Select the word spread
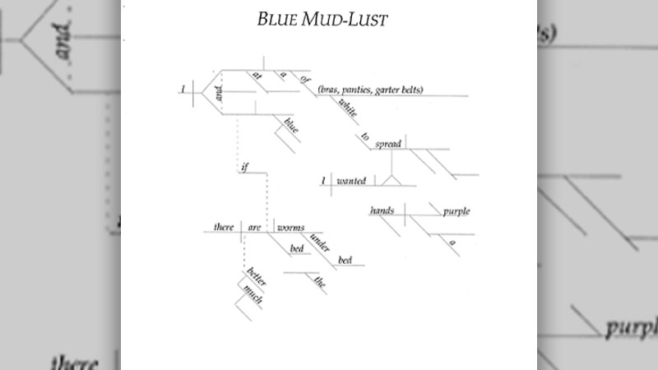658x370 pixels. click(387, 145)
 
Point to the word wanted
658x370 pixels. click(351, 181)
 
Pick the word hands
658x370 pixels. click(382, 211)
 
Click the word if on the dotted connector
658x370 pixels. click(244, 168)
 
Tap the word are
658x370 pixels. click(254, 227)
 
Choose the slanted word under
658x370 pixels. click(320, 241)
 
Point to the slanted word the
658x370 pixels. click(320, 284)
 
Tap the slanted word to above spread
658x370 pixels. click(364, 136)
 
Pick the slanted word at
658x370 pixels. click(256, 80)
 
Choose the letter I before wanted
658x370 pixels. click(324, 181)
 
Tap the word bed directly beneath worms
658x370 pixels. click(297, 249)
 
